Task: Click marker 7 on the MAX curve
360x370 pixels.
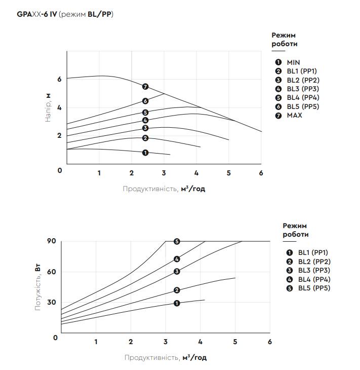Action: pyautogui.click(x=145, y=87)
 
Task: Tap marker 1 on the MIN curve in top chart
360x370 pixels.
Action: pyautogui.click(x=145, y=153)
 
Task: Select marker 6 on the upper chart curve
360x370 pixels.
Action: pyautogui.click(x=145, y=101)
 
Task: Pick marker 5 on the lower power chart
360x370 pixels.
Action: pyautogui.click(x=177, y=241)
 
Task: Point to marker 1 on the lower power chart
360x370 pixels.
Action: pyautogui.click(x=177, y=303)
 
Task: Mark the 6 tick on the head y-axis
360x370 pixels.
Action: pyautogui.click(x=59, y=79)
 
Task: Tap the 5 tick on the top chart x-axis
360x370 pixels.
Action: pyautogui.click(x=229, y=173)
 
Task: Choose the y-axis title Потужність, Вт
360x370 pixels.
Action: pyautogui.click(x=38, y=287)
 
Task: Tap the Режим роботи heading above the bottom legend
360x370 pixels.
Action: pyautogui.click(x=295, y=230)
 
